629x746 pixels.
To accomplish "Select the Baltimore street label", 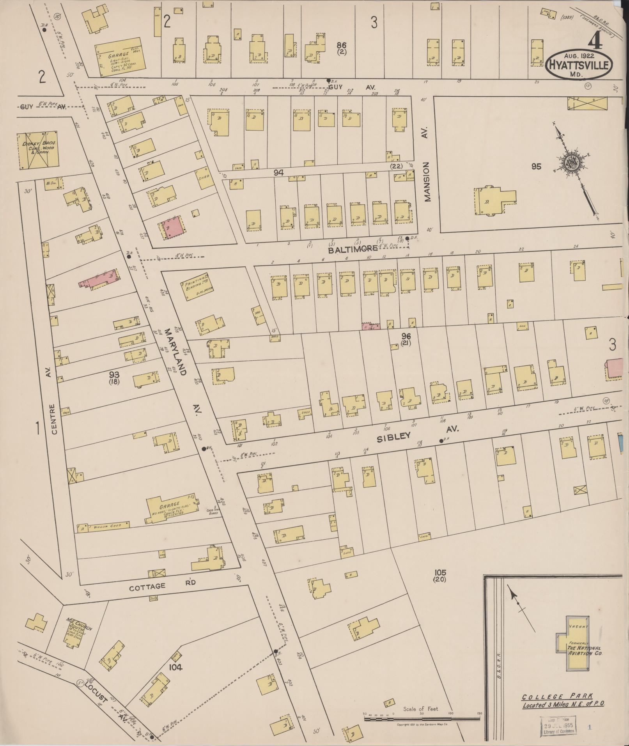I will click(x=353, y=249).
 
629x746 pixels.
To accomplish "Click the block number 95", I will click(x=536, y=167).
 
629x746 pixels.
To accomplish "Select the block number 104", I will click(x=175, y=667).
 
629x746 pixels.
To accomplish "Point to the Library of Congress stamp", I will click(x=558, y=726).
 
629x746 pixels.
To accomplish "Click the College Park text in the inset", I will click(x=558, y=696).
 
